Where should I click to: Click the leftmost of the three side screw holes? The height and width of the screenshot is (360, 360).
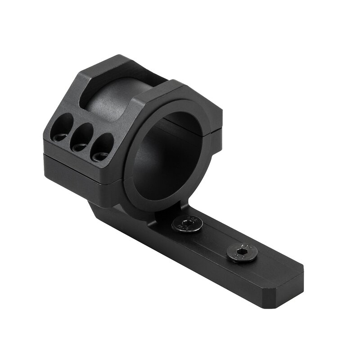[63, 126]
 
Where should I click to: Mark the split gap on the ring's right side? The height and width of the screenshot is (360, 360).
[217, 130]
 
